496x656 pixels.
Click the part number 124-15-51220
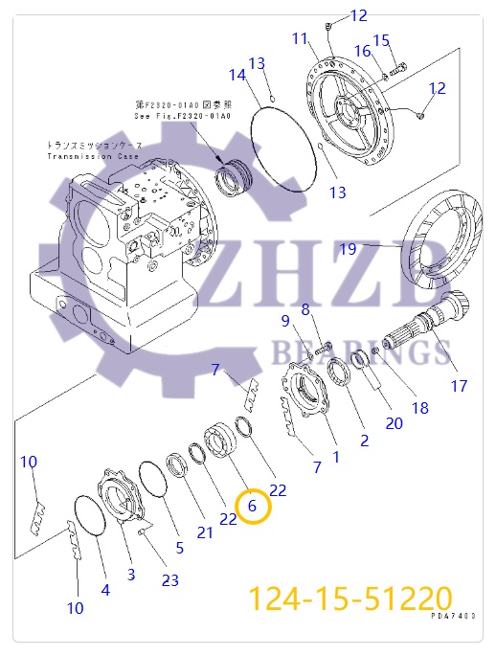pos(349,599)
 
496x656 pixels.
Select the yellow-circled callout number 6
pos(254,505)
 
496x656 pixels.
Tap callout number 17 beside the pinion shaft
pos(460,387)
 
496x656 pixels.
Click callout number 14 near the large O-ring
pos(237,76)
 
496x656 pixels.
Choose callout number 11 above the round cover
pos(300,38)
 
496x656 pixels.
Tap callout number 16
pos(363,51)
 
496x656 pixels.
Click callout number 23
pos(169,580)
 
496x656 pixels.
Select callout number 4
pos(105,590)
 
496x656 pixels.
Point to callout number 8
pos(305,308)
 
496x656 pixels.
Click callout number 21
pos(206,532)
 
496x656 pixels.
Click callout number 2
pos(364,441)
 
